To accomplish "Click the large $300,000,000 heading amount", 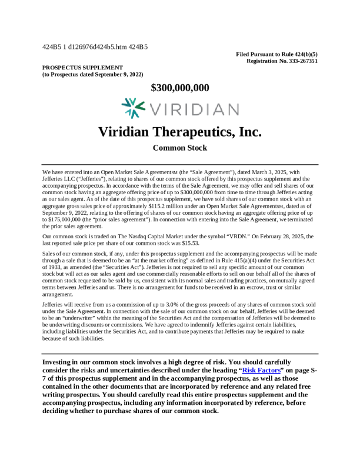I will tap(180, 88).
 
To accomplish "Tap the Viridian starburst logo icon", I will tap(133, 109).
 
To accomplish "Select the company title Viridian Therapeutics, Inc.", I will tap(180, 131).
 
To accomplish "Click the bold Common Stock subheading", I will tap(180, 148).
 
